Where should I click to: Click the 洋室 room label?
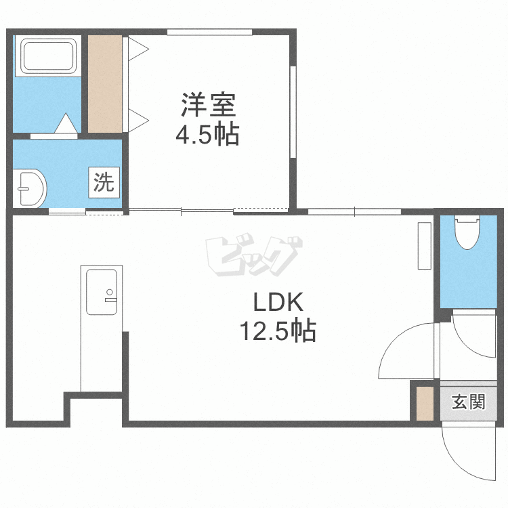point(208,106)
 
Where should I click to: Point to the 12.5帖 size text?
point(276,331)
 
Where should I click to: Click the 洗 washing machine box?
point(104,182)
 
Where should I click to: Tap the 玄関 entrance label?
point(469,402)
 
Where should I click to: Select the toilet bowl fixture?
point(468,233)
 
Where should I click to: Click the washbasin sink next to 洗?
point(30,188)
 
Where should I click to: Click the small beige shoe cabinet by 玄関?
point(425,404)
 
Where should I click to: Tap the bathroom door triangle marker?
point(66,125)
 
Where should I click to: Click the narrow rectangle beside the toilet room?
point(425,246)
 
